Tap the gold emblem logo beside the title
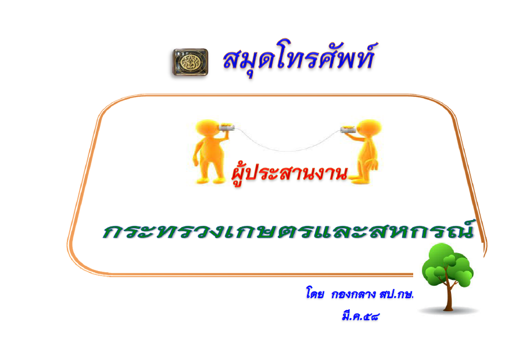(x=190, y=62)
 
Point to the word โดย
(x=315, y=293)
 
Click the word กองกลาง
(x=353, y=294)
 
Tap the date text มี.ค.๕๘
(x=360, y=316)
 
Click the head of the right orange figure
(x=369, y=127)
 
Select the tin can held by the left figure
(x=226, y=127)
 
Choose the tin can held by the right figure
(x=349, y=129)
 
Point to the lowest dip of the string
(x=287, y=151)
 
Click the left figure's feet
(x=210, y=180)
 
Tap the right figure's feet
(x=360, y=179)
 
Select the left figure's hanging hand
(x=196, y=162)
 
